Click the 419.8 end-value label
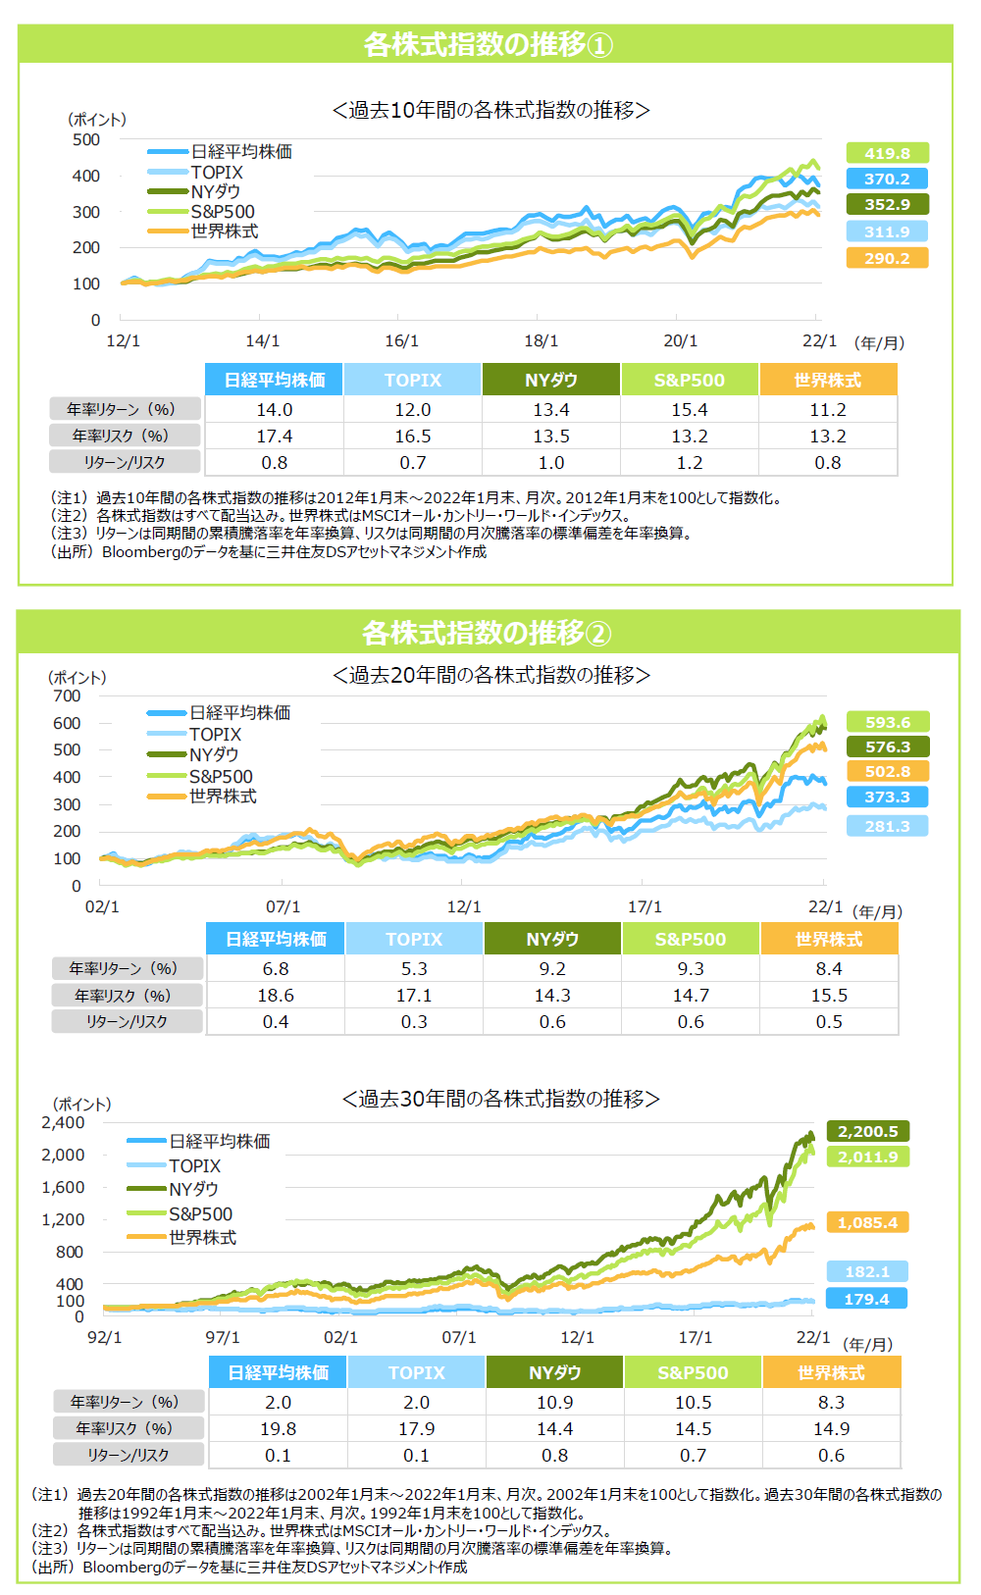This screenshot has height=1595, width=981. tap(887, 153)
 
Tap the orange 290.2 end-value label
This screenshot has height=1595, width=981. tap(887, 258)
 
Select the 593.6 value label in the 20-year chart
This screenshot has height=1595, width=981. tap(888, 722)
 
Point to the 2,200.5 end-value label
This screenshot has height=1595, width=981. tap(867, 1131)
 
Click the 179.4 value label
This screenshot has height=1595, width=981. tap(866, 1299)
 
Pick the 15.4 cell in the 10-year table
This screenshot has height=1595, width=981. tap(690, 409)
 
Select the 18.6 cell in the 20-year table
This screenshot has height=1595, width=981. tap(276, 995)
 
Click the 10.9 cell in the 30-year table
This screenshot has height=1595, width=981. tap(555, 1402)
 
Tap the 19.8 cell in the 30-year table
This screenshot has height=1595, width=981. tap(279, 1428)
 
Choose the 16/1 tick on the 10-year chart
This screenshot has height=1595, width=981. tap(401, 340)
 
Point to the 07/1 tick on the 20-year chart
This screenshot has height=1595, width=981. tap(284, 906)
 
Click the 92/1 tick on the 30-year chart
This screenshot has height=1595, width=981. tap(105, 1337)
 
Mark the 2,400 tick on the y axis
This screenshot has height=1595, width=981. tap(64, 1123)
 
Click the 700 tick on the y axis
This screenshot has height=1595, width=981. tap(68, 695)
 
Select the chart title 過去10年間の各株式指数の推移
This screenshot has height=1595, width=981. tap(490, 110)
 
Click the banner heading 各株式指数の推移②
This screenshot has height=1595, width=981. tap(488, 633)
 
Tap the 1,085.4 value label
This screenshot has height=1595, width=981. tap(867, 1222)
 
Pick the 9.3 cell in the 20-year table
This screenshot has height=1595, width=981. tap(691, 968)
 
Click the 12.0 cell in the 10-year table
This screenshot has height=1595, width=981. tap(413, 409)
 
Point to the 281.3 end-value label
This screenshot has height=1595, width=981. tap(888, 826)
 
